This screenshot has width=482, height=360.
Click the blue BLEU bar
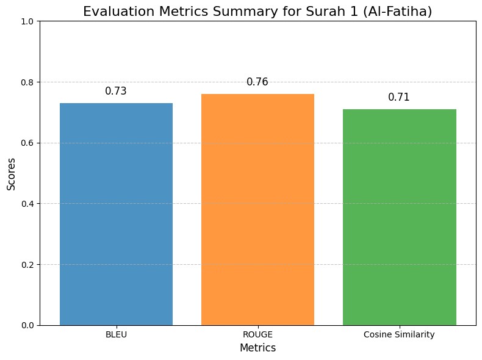pyautogui.click(x=116, y=214)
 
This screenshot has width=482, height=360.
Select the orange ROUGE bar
pyautogui.click(x=257, y=209)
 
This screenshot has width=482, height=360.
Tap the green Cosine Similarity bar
pyautogui.click(x=399, y=217)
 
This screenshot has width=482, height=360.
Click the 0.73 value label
pyautogui.click(x=116, y=92)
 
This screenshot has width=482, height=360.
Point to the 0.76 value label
pyautogui.click(x=257, y=82)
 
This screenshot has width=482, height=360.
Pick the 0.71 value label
pyautogui.click(x=399, y=98)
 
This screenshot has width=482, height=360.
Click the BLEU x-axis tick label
pyautogui.click(x=116, y=335)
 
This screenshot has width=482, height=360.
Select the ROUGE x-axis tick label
pyautogui.click(x=257, y=335)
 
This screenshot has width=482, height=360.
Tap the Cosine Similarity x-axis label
pyautogui.click(x=399, y=335)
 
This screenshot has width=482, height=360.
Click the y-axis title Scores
pyautogui.click(x=11, y=173)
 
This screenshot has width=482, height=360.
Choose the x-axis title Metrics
pyautogui.click(x=257, y=348)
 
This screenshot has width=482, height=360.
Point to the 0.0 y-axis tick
pyautogui.click(x=28, y=325)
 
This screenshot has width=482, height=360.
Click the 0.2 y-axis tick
pyautogui.click(x=28, y=264)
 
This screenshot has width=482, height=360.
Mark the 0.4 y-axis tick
pyautogui.click(x=28, y=203)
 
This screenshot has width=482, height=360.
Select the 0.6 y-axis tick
pyautogui.click(x=28, y=143)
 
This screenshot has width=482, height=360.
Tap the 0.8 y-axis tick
pyautogui.click(x=28, y=82)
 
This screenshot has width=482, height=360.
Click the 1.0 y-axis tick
pyautogui.click(x=28, y=21)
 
